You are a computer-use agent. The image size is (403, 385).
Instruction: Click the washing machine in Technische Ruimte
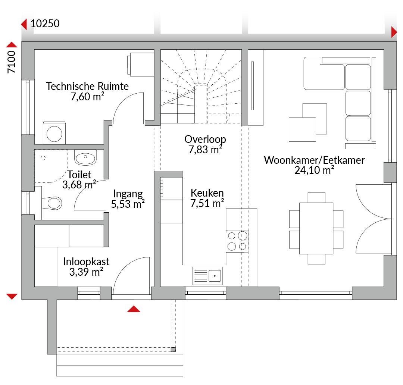(x=54, y=133)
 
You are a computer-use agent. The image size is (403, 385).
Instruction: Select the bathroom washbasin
(x=85, y=157)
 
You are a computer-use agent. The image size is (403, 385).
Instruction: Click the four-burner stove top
(x=237, y=241)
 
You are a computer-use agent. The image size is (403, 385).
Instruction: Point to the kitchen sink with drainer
(x=207, y=276)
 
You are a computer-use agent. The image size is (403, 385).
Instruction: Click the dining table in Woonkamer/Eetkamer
(x=316, y=228)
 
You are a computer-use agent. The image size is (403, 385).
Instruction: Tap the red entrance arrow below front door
(x=134, y=309)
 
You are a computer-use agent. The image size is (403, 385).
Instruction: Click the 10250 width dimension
(x=45, y=24)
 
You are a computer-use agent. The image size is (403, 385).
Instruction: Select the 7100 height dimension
(x=11, y=62)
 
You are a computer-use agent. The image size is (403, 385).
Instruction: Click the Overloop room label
(x=205, y=139)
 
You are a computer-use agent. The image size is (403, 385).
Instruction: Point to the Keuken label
(x=207, y=193)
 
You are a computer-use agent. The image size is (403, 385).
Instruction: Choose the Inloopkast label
(x=86, y=262)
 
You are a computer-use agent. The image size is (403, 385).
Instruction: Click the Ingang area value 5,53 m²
(x=128, y=204)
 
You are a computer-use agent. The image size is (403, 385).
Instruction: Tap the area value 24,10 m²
(x=314, y=170)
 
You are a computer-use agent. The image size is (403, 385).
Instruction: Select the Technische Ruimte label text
(x=87, y=86)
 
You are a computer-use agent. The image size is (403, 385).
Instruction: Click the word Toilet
(x=79, y=175)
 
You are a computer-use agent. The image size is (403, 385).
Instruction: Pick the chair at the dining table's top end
(x=316, y=198)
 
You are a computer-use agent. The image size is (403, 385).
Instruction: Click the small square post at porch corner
(x=173, y=350)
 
